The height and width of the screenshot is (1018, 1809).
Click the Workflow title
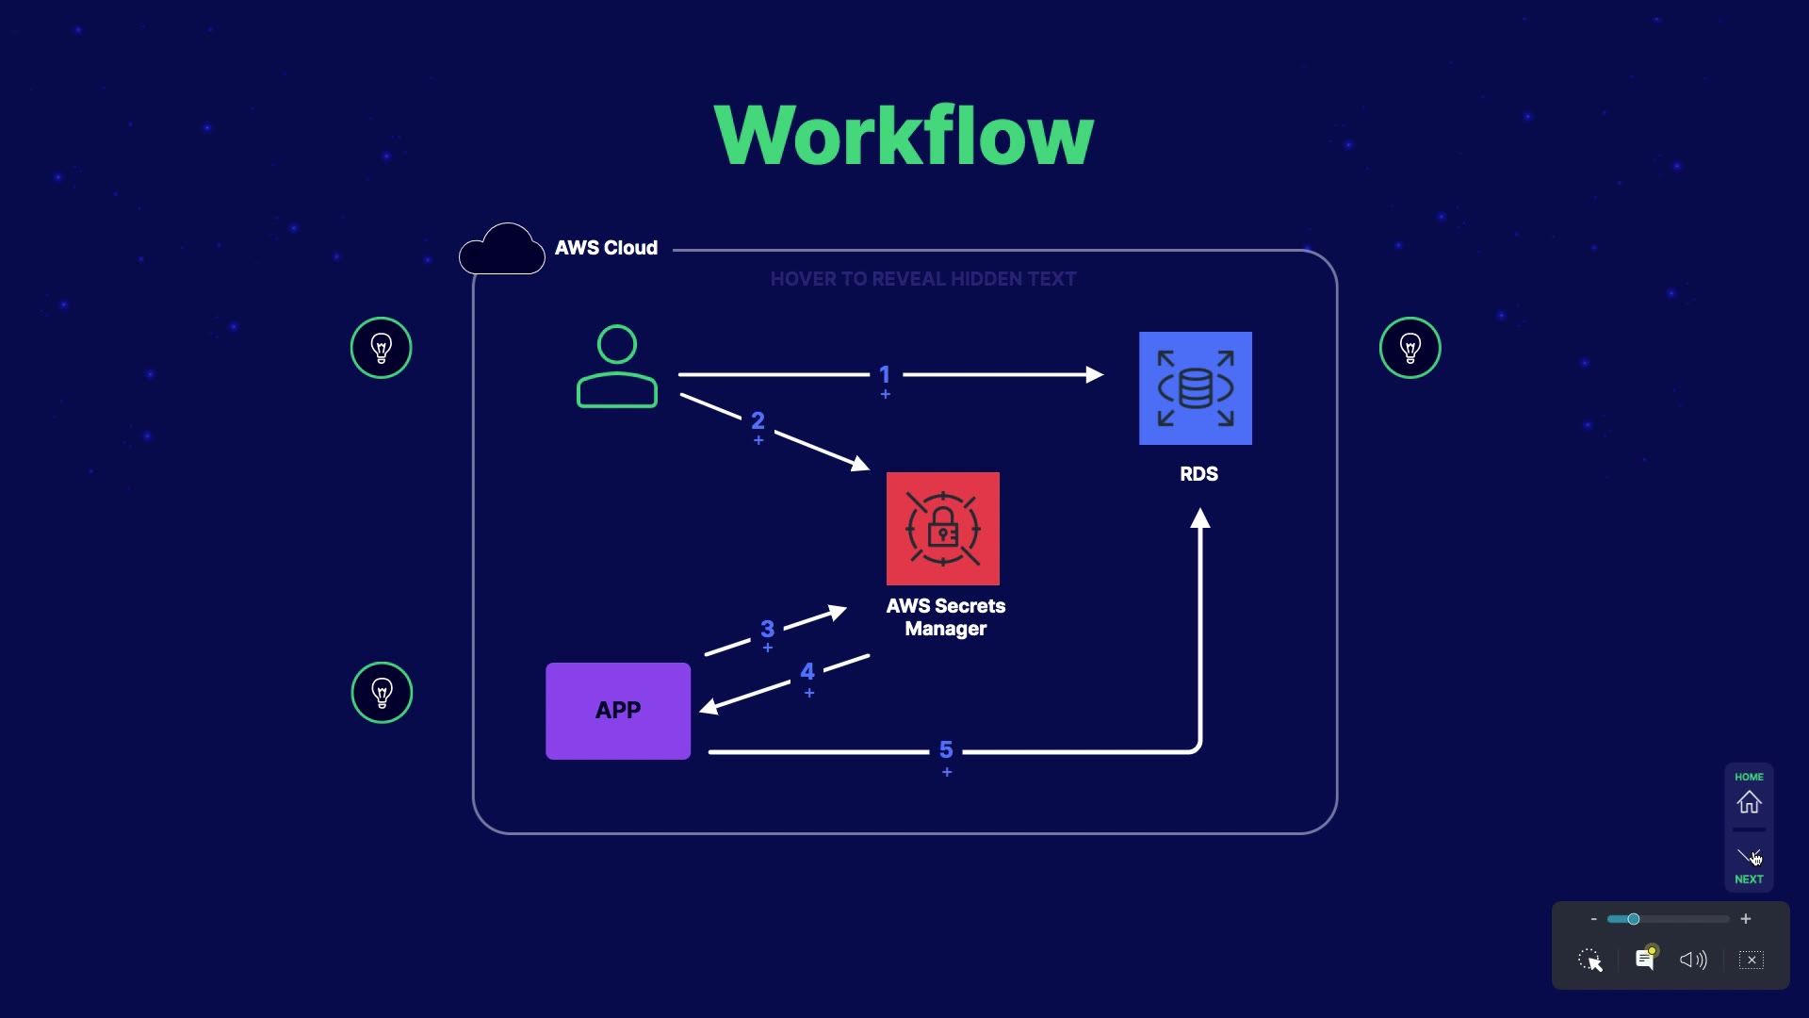[x=904, y=136]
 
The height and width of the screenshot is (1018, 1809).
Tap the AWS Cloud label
[x=606, y=248]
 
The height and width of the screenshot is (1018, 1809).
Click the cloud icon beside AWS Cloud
[x=502, y=250]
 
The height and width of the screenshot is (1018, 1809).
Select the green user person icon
[x=617, y=367]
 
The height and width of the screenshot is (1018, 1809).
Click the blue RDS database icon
[x=1195, y=388]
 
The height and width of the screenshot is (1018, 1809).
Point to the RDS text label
[x=1198, y=474]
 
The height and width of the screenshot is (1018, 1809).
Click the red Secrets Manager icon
[x=942, y=529]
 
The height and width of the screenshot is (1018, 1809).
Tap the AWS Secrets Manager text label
[x=945, y=617]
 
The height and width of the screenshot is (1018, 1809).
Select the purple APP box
[x=618, y=711]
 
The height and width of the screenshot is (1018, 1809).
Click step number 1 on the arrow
[x=885, y=375]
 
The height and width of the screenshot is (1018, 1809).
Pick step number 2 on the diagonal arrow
[x=758, y=420]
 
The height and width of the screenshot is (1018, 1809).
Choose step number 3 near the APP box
[x=767, y=629]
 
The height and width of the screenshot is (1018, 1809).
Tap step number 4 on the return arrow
[x=807, y=672]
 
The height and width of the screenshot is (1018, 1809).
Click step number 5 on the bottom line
[x=946, y=750]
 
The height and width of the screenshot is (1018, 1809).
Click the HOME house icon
[x=1749, y=802]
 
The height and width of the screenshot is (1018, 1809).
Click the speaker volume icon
[x=1692, y=960]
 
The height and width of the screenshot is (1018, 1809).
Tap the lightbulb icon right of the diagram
[x=1410, y=348]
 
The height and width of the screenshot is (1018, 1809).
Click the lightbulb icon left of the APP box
[x=382, y=693]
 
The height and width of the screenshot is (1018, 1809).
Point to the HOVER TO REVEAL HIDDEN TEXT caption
[x=922, y=279]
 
